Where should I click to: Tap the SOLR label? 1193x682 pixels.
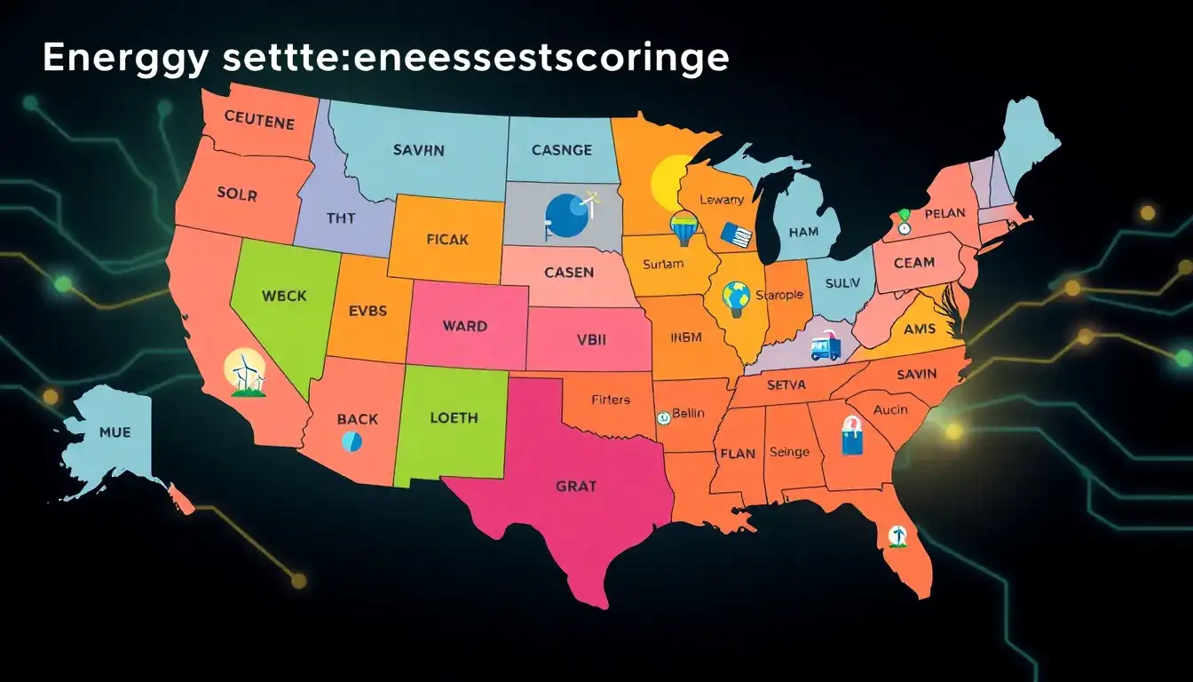click(x=237, y=193)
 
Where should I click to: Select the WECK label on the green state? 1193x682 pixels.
click(x=285, y=295)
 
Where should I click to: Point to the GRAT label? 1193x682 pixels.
click(x=576, y=486)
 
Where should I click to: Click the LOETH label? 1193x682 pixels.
click(x=454, y=417)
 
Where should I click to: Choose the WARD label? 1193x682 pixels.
click(x=464, y=326)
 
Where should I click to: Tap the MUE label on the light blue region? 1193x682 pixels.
click(x=115, y=432)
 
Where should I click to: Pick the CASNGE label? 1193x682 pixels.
click(x=561, y=150)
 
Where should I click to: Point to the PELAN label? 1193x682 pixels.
click(x=944, y=214)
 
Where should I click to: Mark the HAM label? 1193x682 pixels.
click(x=803, y=232)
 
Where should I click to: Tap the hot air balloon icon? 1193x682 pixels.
click(x=684, y=229)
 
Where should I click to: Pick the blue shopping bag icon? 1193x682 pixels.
click(x=851, y=435)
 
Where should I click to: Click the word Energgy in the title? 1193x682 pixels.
click(x=114, y=59)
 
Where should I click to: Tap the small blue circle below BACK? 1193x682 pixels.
click(x=352, y=440)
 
